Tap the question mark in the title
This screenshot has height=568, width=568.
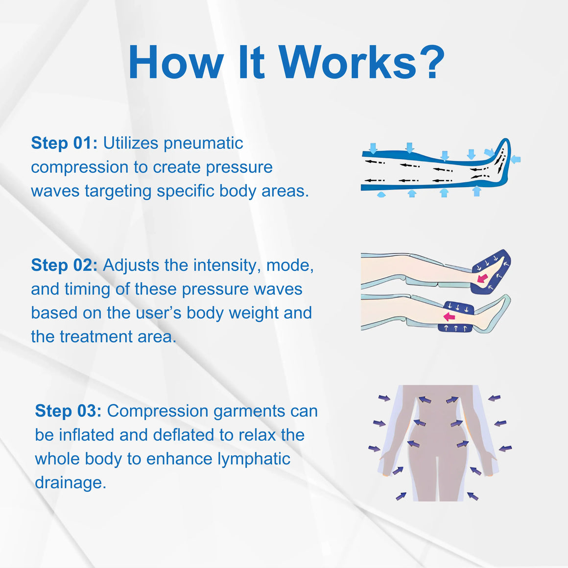432,62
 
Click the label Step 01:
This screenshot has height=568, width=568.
64,142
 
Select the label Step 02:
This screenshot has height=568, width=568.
64,265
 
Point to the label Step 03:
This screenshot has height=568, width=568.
68,411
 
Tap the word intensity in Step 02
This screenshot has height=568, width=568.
227,265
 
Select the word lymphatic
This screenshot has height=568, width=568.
254,459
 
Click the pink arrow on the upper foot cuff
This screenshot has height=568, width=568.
482,278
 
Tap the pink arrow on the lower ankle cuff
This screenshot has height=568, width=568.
449,316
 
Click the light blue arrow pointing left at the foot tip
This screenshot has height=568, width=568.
516,159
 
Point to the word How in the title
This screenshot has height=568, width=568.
175,62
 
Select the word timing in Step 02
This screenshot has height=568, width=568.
87,289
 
